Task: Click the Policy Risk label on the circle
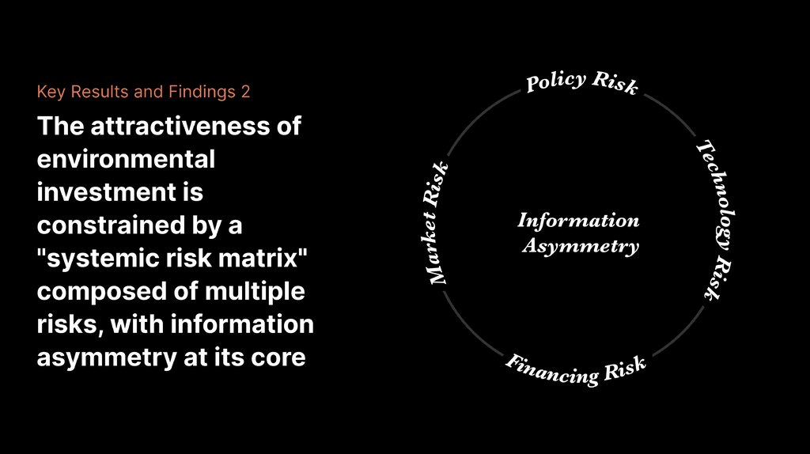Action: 581,82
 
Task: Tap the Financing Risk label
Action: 577,368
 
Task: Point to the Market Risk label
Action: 437,223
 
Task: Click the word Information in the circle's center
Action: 578,221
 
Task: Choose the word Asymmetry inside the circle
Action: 580,246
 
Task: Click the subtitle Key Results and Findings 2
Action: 143,92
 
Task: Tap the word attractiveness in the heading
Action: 187,127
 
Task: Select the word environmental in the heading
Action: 126,159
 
